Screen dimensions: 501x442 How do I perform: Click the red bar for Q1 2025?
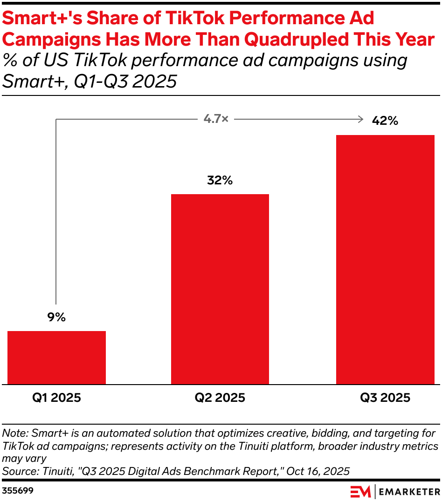56,357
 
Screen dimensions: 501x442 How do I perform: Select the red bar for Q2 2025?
220,289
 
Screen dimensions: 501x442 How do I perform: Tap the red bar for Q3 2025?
385,259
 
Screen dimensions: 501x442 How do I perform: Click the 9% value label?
56,318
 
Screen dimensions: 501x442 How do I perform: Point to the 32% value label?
220,181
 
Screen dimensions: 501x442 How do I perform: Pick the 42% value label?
385,121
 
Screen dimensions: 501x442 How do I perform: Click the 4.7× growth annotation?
216,120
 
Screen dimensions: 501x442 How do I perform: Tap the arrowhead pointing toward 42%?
360,120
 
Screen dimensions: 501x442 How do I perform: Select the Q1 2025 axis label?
56,398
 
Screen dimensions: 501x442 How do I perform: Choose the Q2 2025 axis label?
220,398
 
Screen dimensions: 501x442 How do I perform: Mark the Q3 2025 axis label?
385,398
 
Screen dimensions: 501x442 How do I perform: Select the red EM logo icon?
360,491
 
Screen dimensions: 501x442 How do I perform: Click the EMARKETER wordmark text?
409,491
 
